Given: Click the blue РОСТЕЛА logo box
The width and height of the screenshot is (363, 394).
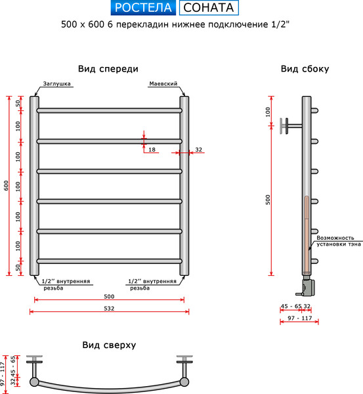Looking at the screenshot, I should pos(142,8).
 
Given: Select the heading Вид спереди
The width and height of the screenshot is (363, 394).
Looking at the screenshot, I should pos(108,69).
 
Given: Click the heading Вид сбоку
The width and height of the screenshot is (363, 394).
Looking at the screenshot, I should pos(305,69).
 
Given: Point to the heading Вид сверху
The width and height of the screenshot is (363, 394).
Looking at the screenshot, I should pos(109,345).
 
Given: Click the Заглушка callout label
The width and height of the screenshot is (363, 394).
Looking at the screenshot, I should pos(56,85).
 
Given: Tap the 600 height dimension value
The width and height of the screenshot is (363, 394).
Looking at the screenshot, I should pos(7,186).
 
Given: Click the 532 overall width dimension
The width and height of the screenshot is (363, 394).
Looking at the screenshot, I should pos(109,309).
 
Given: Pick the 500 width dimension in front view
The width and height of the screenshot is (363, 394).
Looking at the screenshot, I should pos(109,296).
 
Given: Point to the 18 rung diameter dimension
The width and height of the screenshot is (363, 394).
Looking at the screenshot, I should pos(152,150).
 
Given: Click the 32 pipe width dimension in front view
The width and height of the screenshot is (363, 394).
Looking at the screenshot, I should pos(198,150).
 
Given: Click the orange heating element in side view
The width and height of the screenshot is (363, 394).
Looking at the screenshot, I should pos(306,233).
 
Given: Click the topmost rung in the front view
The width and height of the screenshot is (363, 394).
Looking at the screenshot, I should pos(109,111).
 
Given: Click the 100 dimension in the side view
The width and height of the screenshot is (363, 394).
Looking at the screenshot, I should pos(268,111).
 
